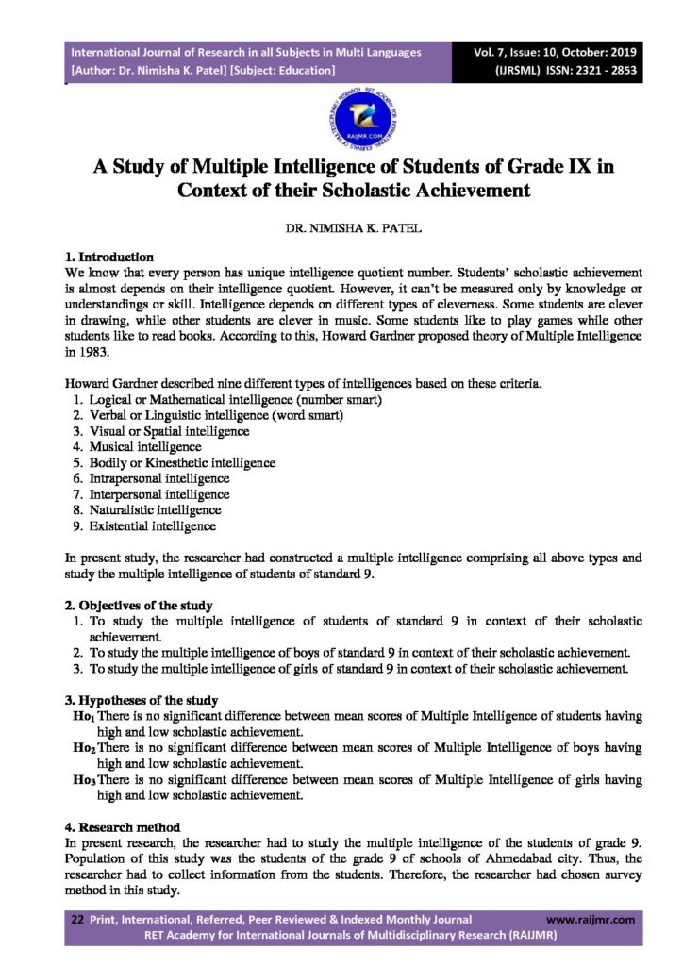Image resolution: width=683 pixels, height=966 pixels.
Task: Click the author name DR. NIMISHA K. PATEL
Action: pos(341,228)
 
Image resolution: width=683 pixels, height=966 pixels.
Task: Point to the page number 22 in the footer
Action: pos(78,919)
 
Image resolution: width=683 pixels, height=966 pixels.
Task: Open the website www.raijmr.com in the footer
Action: pos(590,919)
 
